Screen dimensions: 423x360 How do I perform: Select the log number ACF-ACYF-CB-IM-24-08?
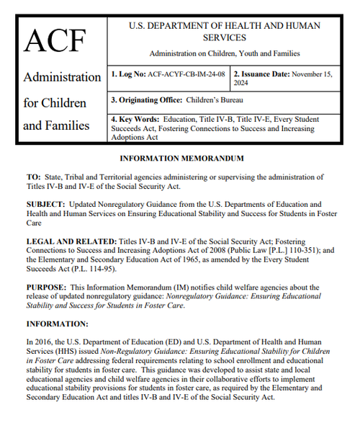[186, 74]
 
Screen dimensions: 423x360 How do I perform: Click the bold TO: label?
[33, 176]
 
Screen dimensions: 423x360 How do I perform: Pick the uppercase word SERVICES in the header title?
[225, 37]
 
